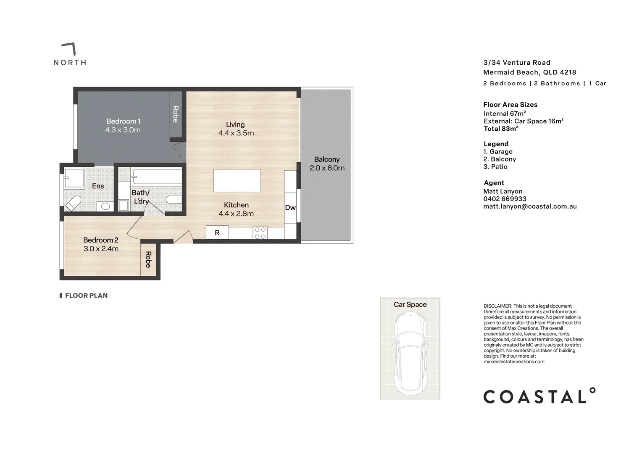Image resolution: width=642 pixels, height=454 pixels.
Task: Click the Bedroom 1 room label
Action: pos(123,121)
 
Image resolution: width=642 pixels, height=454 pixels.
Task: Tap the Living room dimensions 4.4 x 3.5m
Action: pos(236,133)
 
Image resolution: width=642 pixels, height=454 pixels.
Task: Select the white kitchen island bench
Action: pos(237,180)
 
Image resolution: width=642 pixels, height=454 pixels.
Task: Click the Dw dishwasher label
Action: pos(290,208)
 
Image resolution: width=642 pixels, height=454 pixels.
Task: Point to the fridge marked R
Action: pos(217,232)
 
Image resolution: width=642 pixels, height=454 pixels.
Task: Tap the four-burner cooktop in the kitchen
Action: pos(260,233)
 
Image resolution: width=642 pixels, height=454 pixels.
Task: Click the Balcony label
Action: pos(326,159)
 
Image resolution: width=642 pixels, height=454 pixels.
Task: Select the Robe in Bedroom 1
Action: pos(176,114)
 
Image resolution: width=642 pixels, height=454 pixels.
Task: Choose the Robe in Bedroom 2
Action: pos(148,259)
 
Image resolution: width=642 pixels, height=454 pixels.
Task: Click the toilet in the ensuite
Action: pos(74,203)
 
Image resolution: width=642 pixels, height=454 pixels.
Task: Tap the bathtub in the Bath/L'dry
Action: pos(156,177)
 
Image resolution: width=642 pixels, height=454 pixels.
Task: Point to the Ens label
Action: pos(98,186)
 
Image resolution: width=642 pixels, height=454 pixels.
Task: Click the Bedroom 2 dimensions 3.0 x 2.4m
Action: pos(101,249)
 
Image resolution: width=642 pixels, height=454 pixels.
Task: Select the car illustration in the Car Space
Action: pos(410,353)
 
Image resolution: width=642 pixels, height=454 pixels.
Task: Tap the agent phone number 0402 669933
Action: pos(505,199)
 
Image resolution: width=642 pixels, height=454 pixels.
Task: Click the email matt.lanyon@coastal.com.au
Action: pos(530,206)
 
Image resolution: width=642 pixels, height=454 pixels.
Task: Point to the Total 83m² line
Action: pos(501,129)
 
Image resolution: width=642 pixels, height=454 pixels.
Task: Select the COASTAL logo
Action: pos(539,396)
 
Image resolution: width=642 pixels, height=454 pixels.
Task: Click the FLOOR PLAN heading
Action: pos(86,296)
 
